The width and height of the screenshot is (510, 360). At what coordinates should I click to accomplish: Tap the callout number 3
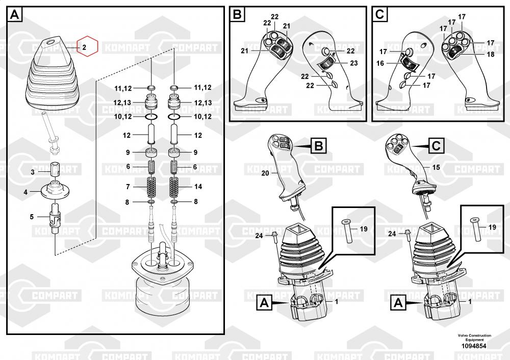[32, 172]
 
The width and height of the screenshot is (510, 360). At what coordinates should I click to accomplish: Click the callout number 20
[265, 173]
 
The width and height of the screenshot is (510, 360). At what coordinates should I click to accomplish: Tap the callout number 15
[436, 167]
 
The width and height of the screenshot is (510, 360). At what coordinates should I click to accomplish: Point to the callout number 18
[490, 54]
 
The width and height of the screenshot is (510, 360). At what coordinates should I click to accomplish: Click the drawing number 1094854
[474, 346]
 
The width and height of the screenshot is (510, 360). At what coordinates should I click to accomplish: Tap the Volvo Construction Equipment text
[474, 338]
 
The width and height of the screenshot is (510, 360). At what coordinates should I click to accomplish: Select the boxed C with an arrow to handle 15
[436, 146]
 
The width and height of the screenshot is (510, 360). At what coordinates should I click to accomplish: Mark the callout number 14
[198, 187]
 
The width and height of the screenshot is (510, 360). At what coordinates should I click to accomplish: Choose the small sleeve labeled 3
[55, 169]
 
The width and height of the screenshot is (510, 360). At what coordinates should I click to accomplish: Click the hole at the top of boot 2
[52, 42]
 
